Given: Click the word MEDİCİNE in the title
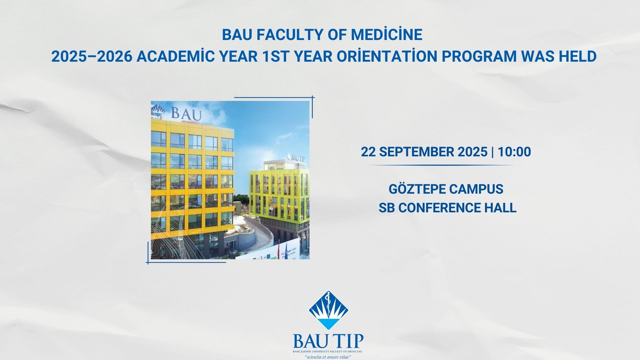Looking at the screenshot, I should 386,35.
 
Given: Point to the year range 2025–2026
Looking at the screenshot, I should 92,57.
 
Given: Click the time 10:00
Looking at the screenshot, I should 514,152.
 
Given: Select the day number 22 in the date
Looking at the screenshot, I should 368,152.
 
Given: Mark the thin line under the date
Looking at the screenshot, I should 441,165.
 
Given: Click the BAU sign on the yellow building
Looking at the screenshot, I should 186,114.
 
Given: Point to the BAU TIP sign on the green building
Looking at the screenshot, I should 297,158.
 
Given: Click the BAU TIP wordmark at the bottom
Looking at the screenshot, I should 328,341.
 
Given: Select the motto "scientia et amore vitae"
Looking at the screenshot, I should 328,357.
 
